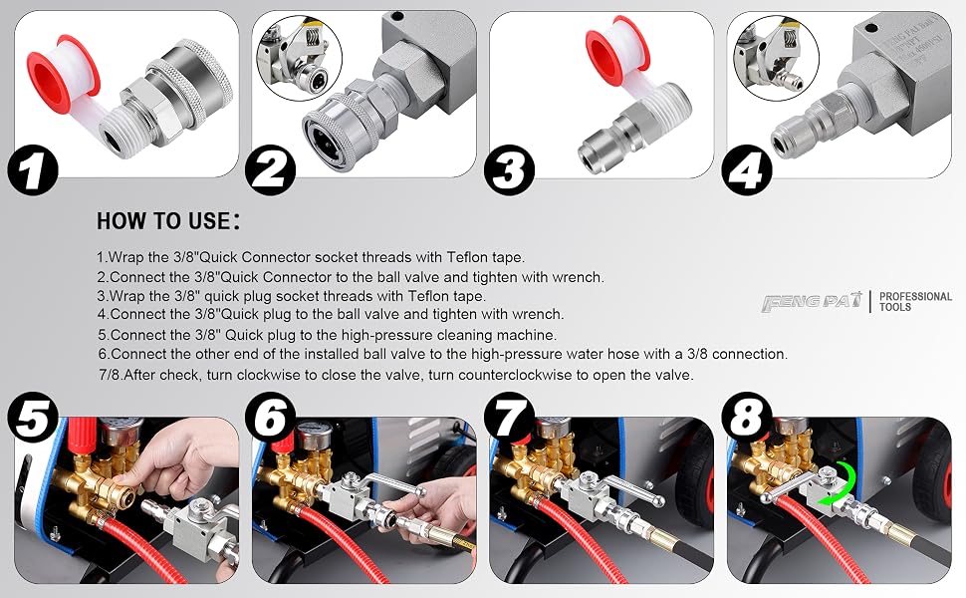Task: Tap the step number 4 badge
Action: click(x=747, y=169)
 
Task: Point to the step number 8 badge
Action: click(x=747, y=417)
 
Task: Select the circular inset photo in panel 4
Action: click(x=776, y=58)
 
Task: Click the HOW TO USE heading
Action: click(x=168, y=221)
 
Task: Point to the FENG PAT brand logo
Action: click(x=812, y=302)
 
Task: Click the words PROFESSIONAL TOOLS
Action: click(x=915, y=301)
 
